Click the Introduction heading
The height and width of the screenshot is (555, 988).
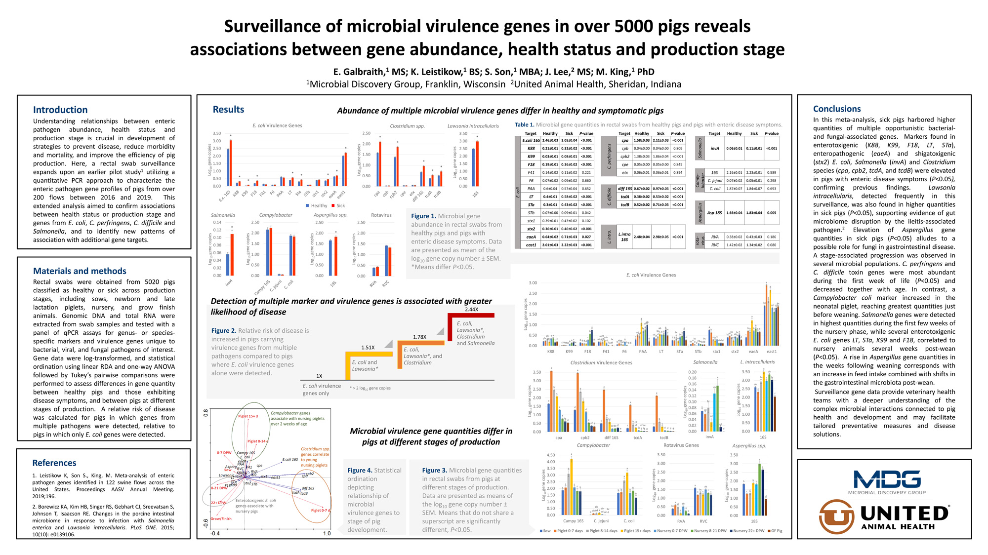60,110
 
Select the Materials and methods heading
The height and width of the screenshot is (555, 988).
80,271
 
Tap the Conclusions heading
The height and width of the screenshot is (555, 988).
837,109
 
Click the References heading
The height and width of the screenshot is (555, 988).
54,463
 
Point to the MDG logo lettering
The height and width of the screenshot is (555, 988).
887,479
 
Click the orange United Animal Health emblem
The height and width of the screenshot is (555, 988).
836,516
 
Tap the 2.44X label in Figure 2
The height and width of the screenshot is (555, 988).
471,310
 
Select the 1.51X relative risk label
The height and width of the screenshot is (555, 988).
368,348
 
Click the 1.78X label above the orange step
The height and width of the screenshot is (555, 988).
419,337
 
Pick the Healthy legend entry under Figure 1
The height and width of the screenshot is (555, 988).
317,206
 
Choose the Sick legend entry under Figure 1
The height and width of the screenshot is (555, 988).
338,206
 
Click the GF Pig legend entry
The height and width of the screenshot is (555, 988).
775,531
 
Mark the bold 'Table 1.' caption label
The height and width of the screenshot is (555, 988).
525,125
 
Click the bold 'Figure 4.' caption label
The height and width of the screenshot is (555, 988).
360,471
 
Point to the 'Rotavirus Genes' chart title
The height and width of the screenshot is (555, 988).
681,445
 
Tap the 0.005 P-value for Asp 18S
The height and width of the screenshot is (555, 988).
771,213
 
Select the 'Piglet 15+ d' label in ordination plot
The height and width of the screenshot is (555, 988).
248,416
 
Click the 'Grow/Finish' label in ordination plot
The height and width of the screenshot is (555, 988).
221,519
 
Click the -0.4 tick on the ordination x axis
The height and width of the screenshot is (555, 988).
215,534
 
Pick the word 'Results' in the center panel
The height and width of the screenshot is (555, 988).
228,110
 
